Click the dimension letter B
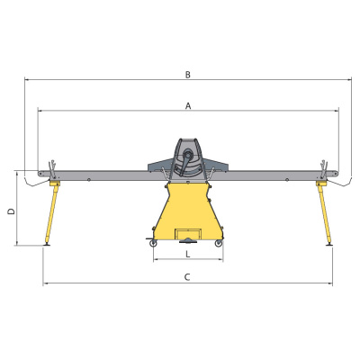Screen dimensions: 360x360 click(188, 75)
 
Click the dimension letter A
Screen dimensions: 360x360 click(188, 106)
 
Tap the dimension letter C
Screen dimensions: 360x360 click(187, 277)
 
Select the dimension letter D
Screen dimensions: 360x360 click(11, 211)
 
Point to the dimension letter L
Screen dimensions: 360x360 click(188, 255)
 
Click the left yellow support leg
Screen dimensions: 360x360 click(52, 212)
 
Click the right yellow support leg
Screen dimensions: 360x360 click(324, 212)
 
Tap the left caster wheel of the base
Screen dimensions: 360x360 click(153, 243)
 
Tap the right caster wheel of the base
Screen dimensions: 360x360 click(219, 243)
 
